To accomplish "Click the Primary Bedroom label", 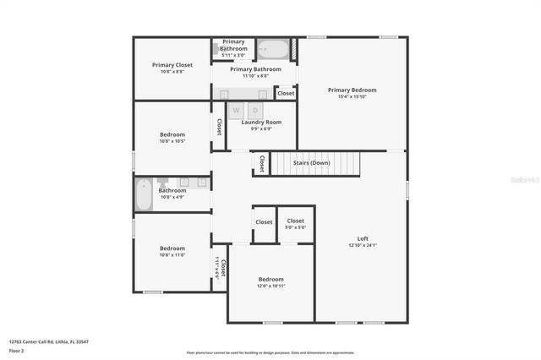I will tap(352, 90).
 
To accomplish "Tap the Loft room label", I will tap(363, 238).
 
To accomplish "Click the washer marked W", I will tap(237, 110).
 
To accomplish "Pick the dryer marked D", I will tap(255, 110).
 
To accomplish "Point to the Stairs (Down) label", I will tap(311, 162).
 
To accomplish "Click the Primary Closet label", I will tap(172, 65).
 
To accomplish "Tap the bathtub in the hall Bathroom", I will tap(143, 194).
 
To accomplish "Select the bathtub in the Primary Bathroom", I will tap(272, 50).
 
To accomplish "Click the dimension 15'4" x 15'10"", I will tap(352, 96).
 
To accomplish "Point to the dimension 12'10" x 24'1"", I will tap(363, 245).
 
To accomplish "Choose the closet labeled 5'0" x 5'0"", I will tap(295, 223).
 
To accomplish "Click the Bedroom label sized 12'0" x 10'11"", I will tap(270, 279).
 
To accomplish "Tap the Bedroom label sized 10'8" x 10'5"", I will tap(172, 134).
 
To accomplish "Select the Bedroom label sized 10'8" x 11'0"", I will tap(172, 248).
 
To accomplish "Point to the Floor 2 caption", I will tap(17, 350).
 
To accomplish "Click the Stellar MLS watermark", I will tap(523, 180).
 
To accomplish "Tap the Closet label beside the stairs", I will tap(262, 162).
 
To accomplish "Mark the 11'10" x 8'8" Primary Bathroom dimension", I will tap(255, 76).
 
